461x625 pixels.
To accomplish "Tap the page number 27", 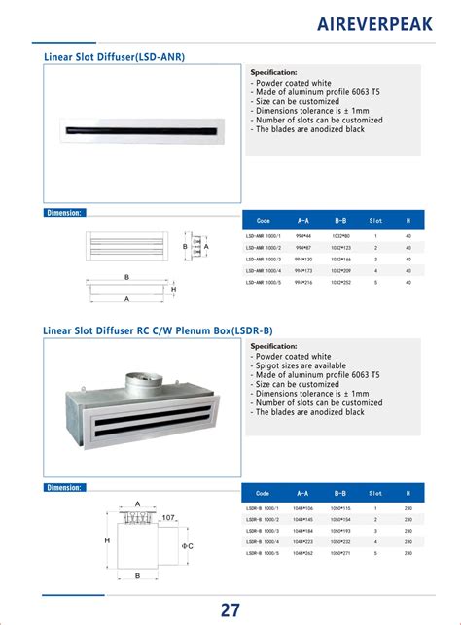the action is point(230,609).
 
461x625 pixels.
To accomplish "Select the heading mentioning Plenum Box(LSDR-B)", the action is point(158,330).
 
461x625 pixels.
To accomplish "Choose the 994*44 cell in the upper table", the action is point(302,236).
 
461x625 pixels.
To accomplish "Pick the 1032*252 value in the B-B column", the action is point(341,283).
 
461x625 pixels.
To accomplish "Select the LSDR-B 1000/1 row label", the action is point(262,508).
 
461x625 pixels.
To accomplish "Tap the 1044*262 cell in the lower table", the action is point(302,554).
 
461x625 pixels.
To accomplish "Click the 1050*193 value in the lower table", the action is point(341,531).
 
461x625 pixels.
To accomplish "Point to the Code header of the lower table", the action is point(262,493).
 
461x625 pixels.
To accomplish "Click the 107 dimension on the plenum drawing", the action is point(167,517).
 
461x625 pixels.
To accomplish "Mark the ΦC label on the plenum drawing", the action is point(188,546).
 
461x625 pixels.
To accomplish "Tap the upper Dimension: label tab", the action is point(64,212).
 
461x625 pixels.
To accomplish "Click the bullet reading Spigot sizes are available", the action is point(303,365).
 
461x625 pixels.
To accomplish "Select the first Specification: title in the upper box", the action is point(273,73).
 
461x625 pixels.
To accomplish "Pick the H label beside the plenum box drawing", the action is point(107,540).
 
